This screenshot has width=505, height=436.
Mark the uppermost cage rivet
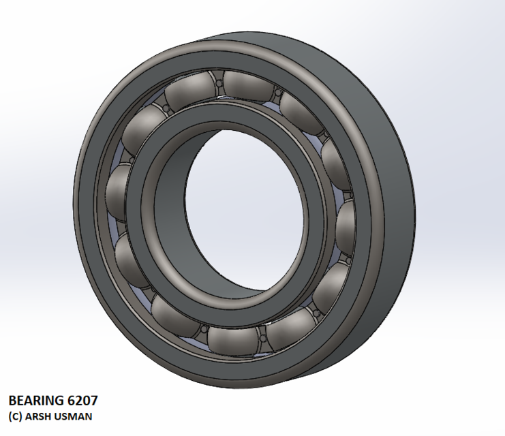pos(220,84)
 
